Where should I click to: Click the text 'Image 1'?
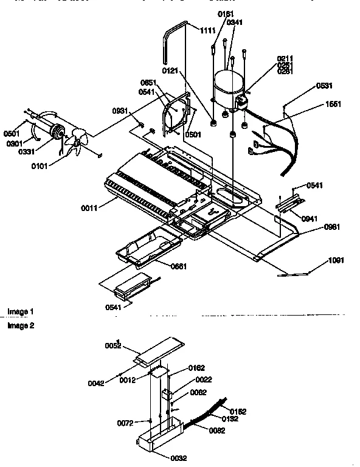[21, 312]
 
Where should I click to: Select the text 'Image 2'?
[21, 326]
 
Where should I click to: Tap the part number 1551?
[334, 104]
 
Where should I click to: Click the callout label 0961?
[314, 227]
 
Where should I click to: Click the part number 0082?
[217, 431]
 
